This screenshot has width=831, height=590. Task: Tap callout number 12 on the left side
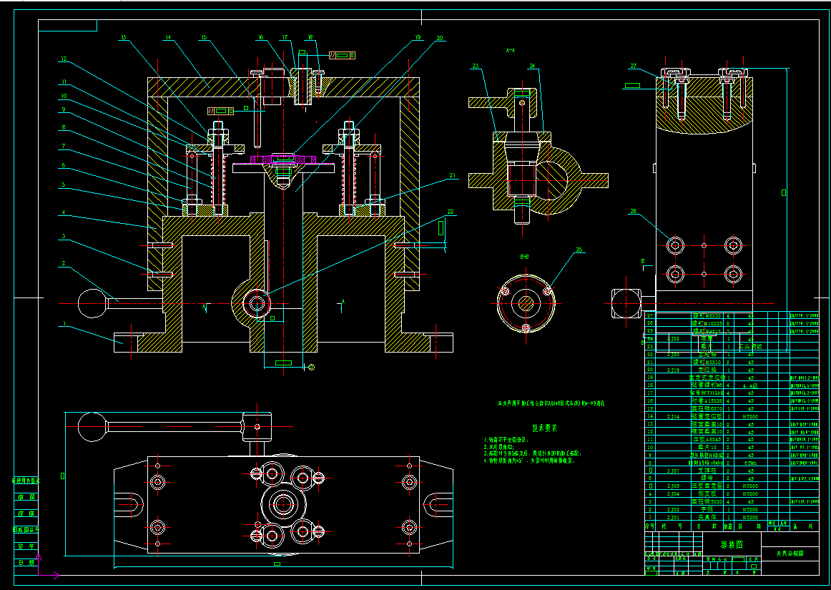click(x=63, y=59)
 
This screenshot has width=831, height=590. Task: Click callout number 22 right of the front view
click(x=450, y=212)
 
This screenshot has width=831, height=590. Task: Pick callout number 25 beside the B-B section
click(x=579, y=250)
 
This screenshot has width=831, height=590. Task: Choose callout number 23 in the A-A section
click(x=475, y=67)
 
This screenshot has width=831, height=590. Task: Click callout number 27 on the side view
click(x=633, y=67)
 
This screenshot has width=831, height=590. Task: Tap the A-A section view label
click(x=511, y=51)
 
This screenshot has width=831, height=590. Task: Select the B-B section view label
click(x=524, y=255)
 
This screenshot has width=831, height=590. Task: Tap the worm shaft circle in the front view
click(x=255, y=303)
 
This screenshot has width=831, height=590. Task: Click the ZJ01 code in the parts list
click(x=673, y=517)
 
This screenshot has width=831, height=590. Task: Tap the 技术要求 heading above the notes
click(x=545, y=428)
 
